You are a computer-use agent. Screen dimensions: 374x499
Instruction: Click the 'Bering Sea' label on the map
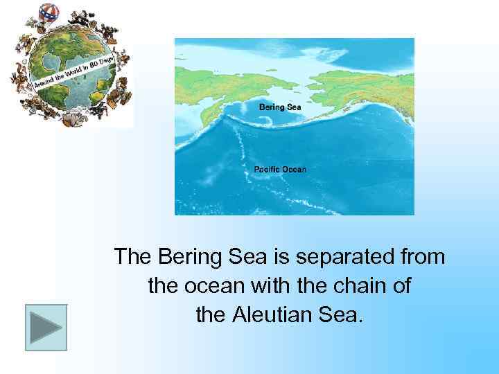pos(280,107)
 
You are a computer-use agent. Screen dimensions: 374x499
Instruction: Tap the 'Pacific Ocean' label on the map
pos(279,169)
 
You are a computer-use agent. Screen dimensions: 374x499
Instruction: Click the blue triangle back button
pos(46,327)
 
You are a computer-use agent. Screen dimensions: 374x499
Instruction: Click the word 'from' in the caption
pos(420,257)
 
